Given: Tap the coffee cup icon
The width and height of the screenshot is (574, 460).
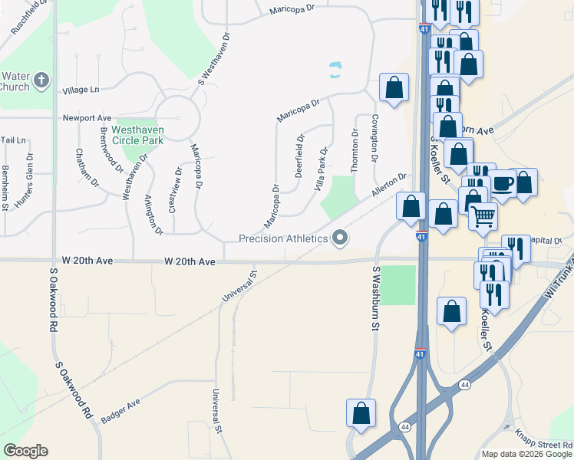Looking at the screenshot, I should (503, 184).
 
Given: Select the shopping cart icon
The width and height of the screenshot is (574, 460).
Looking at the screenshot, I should (483, 217).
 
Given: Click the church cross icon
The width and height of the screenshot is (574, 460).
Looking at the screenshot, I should (41, 79).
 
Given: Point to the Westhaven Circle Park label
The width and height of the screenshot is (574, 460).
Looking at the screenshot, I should (137, 136).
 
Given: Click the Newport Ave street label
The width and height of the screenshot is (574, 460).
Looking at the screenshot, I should (87, 118).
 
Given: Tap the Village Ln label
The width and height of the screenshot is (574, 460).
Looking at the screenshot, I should (81, 90).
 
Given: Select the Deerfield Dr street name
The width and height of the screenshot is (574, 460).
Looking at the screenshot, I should (300, 156).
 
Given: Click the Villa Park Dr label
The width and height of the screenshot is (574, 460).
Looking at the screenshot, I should (322, 169).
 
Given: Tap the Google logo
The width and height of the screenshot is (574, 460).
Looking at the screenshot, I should (25, 451).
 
